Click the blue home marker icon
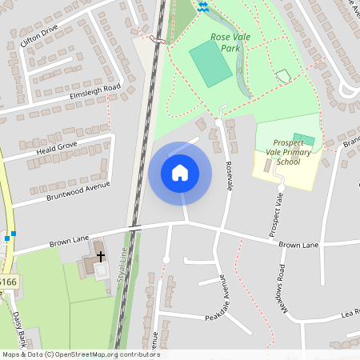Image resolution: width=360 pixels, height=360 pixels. click(180, 173)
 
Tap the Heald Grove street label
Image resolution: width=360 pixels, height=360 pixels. click(50, 148)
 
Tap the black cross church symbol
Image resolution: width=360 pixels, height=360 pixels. click(100, 255)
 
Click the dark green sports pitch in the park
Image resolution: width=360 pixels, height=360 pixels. click(210, 62)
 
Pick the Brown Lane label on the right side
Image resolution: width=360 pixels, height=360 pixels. click(298, 244)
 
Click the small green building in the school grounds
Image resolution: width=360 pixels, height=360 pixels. click(304, 139)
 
